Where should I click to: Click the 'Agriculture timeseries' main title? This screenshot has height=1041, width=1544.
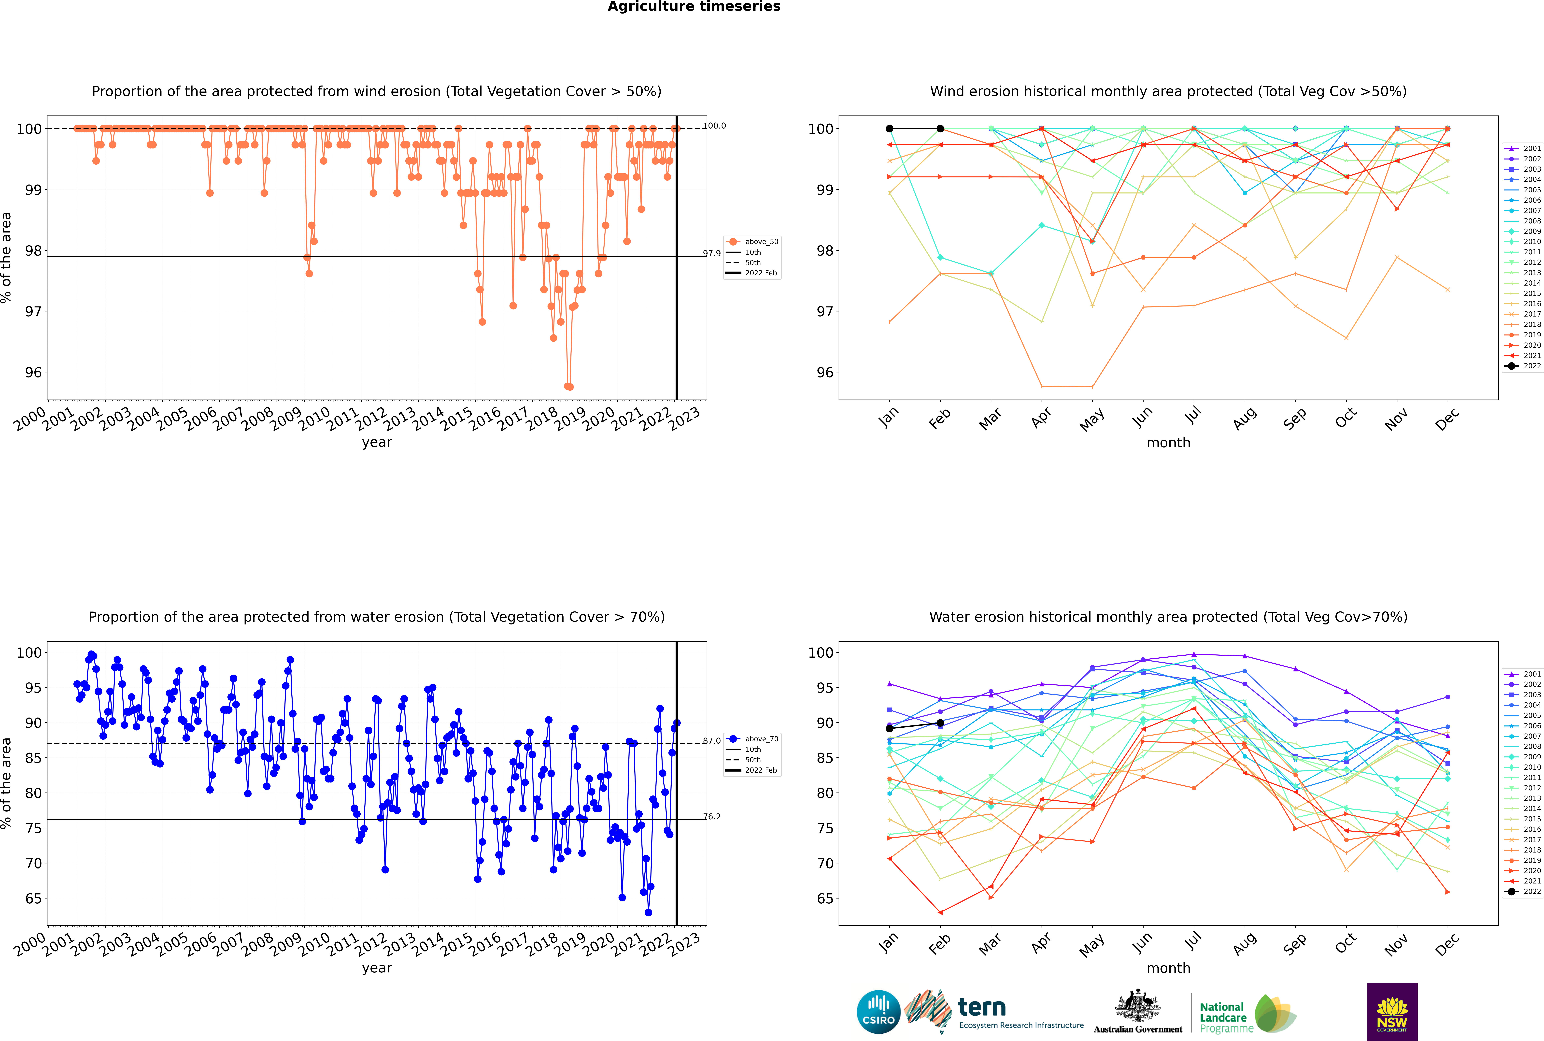click(x=694, y=7)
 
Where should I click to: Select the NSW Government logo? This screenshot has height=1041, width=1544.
click(x=1392, y=1012)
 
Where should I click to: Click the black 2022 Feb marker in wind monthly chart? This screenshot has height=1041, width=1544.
click(x=940, y=129)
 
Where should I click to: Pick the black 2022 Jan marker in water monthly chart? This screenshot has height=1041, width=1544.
click(x=890, y=728)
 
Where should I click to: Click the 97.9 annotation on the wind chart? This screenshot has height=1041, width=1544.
click(x=712, y=254)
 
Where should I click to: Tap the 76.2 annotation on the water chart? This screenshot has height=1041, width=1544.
click(x=712, y=817)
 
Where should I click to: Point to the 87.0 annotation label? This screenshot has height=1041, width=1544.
click(x=712, y=741)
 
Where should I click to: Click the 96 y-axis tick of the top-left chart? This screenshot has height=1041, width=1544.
click(x=33, y=372)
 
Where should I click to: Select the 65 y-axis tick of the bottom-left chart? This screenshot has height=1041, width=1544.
click(x=33, y=899)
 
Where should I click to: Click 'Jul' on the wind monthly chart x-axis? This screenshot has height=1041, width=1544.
click(x=1193, y=416)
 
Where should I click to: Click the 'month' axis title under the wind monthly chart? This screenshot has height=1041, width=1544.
click(x=1168, y=443)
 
